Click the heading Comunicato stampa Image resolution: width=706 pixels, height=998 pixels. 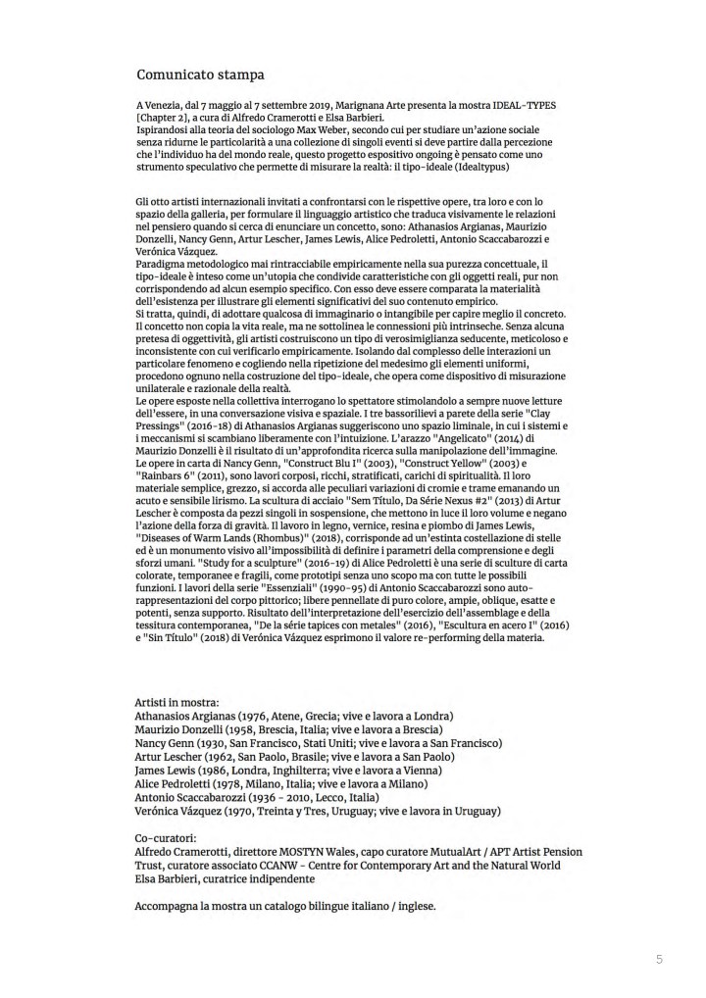[200, 73]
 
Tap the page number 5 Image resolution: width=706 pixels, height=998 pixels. [659, 957]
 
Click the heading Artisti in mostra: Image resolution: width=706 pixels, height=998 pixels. [176, 703]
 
